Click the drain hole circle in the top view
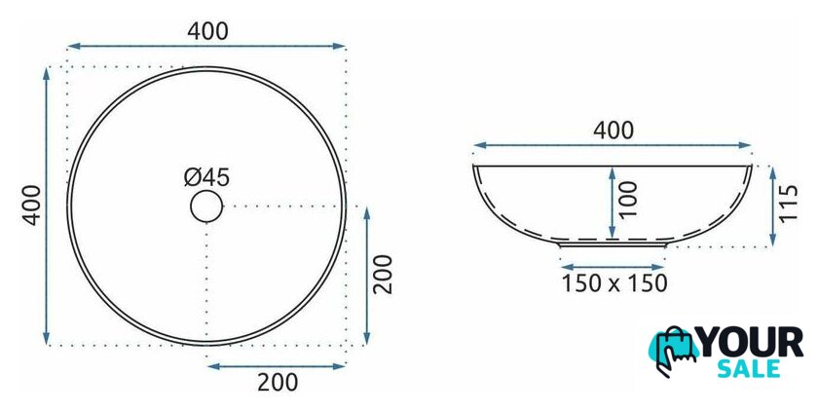(206, 192)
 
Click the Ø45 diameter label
(206, 178)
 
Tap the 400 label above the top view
(207, 31)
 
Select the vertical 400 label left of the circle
(32, 205)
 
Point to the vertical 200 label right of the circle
(383, 275)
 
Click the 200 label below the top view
(278, 382)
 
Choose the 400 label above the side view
(613, 131)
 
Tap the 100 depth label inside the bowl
(629, 200)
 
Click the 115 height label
(789, 204)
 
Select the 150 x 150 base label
(614, 283)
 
